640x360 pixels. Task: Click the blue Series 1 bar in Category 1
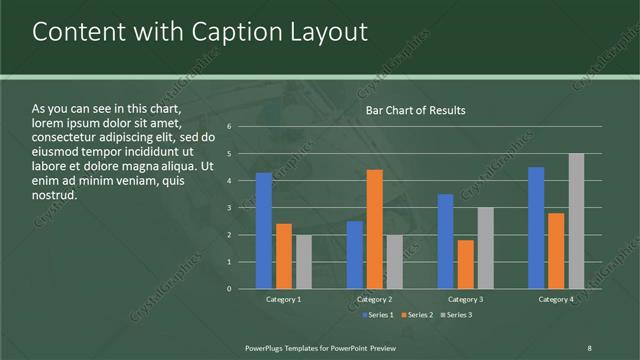264,231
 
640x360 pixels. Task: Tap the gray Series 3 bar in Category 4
576,221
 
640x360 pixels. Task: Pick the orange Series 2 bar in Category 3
466,264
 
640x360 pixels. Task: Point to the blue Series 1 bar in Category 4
536,228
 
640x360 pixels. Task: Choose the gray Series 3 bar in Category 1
304,262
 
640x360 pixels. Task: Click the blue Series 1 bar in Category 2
355,255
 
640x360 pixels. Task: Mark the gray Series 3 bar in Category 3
486,248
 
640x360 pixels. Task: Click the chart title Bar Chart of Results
415,110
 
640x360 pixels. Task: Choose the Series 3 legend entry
457,315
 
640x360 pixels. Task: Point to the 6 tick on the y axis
230,127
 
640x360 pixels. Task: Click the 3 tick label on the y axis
230,208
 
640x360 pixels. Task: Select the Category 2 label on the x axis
375,299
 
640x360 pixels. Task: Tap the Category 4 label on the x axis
556,299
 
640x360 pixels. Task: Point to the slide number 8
589,346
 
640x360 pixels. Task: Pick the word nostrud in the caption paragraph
55,195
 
